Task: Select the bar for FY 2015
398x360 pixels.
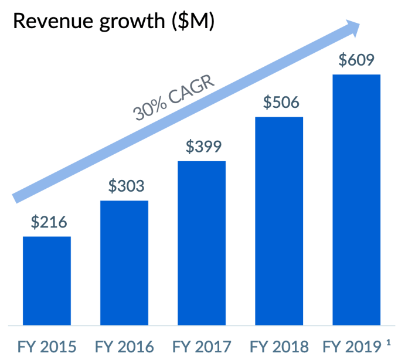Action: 47,280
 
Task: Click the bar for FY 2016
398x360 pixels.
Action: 124,262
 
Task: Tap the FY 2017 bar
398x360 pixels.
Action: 202,242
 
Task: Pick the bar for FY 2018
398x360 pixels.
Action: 279,220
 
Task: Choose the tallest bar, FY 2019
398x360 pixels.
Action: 356,199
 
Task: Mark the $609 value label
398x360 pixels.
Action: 356,60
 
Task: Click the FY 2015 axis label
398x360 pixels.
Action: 47,347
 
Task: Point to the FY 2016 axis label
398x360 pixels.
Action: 124,347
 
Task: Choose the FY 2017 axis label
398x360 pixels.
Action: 202,347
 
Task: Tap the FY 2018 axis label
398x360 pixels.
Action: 279,347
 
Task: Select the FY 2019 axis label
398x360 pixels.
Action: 351,347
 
